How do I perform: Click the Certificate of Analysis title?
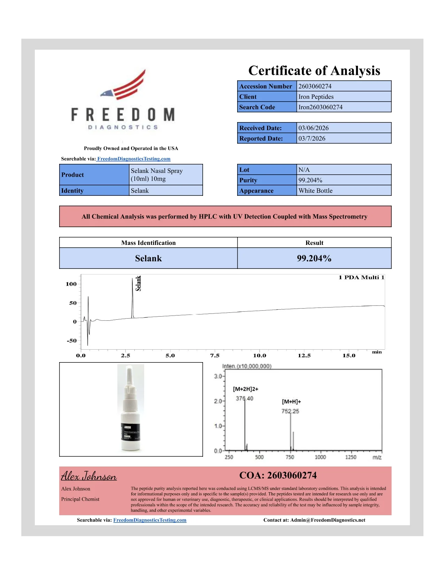314,71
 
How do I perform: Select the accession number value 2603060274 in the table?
315,86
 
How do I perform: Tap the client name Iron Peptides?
316,97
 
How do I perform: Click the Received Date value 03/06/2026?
313,128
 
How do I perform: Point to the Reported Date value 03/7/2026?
312,138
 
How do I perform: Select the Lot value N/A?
304,170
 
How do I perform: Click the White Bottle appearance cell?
316,191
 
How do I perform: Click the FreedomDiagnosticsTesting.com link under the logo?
134,159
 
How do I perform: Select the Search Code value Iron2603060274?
320,107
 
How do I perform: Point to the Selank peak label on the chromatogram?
138,283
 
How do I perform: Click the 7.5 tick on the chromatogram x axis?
215,356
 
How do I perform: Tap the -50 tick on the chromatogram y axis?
72,341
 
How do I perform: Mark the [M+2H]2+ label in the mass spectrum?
246,389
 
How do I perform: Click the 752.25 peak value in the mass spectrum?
290,411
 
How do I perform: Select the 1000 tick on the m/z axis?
320,457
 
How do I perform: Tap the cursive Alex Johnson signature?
89,476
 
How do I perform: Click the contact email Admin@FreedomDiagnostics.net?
328,520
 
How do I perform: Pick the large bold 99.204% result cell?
314,258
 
